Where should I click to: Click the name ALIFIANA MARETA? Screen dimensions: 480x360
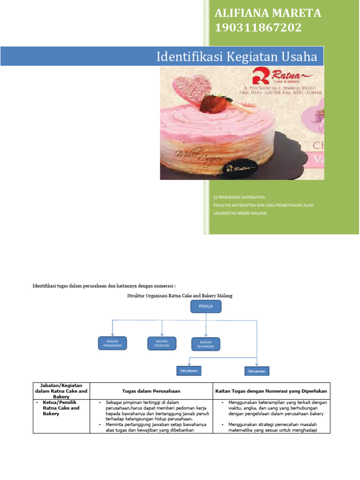point(268,13)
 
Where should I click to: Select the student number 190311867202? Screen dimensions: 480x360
point(258,28)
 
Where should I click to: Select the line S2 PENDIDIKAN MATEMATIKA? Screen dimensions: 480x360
point(239,197)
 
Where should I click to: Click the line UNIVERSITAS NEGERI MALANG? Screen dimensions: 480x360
point(240,213)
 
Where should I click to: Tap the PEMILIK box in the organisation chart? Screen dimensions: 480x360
point(206,307)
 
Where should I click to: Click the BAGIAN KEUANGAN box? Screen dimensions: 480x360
point(205,344)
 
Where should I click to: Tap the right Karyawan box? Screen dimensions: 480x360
point(257,371)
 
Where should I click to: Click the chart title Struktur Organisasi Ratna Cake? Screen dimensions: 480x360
point(180,296)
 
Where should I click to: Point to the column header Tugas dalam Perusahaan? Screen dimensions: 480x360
point(151,390)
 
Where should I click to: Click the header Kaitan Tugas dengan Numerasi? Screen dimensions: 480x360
point(271,390)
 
